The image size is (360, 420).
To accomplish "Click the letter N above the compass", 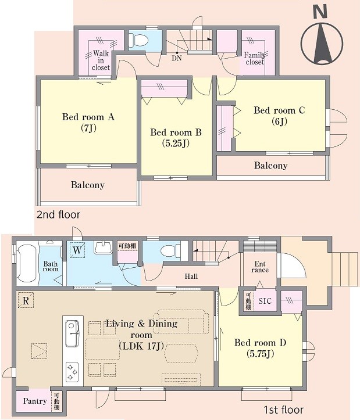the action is click(x=320, y=12).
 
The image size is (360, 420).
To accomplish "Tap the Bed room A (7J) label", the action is click(x=88, y=123).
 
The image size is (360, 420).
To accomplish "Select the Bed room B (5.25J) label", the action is click(x=176, y=138).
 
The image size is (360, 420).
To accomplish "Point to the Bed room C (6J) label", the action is click(x=279, y=116).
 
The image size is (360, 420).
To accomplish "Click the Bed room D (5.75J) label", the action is click(x=260, y=348).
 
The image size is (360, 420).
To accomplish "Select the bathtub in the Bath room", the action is click(x=27, y=264).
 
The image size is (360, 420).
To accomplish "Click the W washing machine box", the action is click(x=77, y=250).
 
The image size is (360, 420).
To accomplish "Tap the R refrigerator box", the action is click(x=26, y=300).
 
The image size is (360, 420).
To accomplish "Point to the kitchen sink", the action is click(x=72, y=333).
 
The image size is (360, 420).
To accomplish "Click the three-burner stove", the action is click(x=72, y=372).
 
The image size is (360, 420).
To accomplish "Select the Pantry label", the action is click(x=35, y=401).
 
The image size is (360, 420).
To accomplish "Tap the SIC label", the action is click(x=265, y=301).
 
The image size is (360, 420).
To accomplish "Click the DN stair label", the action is click(x=177, y=58).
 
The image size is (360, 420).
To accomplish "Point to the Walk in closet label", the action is click(x=101, y=60).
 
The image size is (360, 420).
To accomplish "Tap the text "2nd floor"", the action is click(x=58, y=214).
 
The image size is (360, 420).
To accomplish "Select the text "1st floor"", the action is click(x=284, y=410).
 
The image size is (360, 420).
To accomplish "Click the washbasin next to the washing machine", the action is click(x=103, y=248).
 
